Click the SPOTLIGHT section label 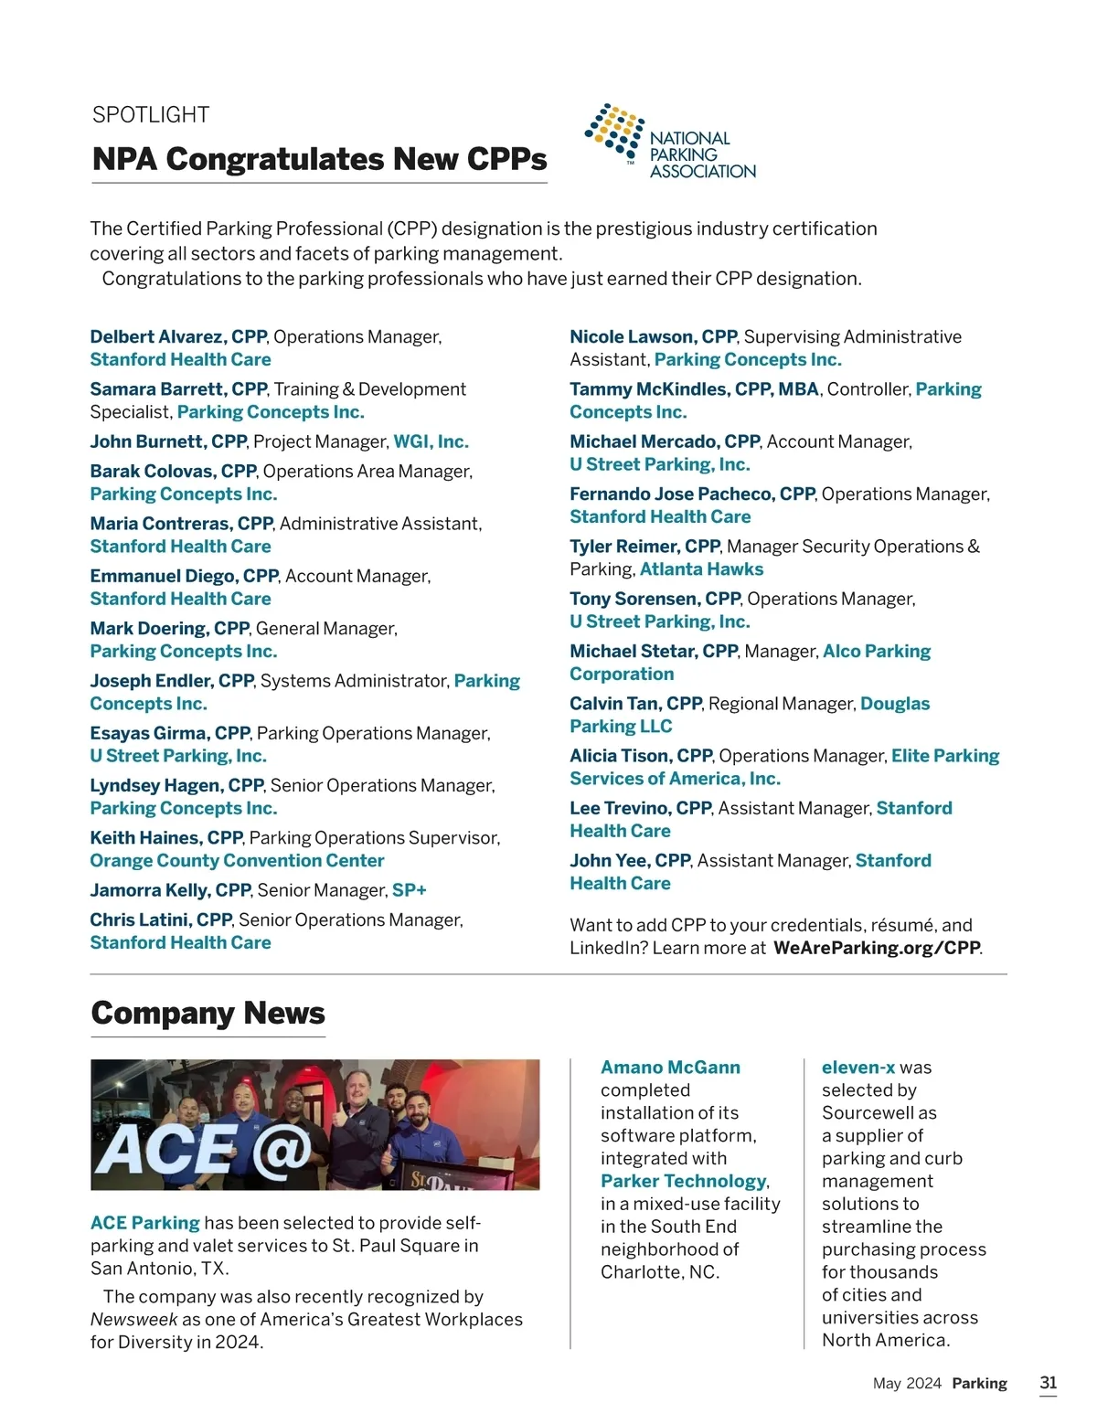(151, 115)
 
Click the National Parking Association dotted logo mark (614, 130)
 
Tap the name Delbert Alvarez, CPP (177, 337)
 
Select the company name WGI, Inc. (431, 442)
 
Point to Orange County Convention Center (237, 861)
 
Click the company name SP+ (409, 890)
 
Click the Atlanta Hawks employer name (701, 569)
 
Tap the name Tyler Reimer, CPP (644, 547)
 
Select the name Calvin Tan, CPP (635, 704)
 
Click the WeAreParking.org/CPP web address (877, 948)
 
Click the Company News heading (208, 1014)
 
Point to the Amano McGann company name (670, 1068)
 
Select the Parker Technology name (683, 1182)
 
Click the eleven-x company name (857, 1068)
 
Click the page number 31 (1048, 1383)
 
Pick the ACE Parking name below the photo (144, 1223)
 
